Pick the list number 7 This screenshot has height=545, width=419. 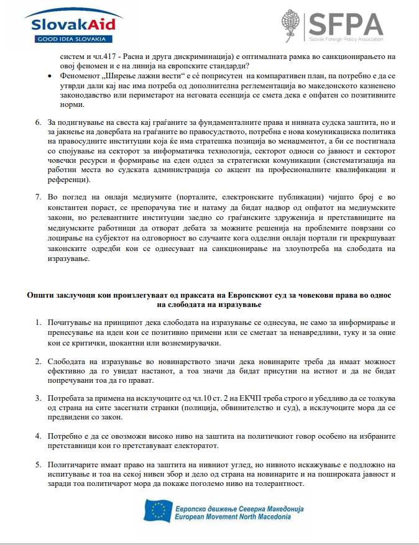click(39, 197)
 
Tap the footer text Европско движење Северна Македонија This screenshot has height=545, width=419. click(239, 506)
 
